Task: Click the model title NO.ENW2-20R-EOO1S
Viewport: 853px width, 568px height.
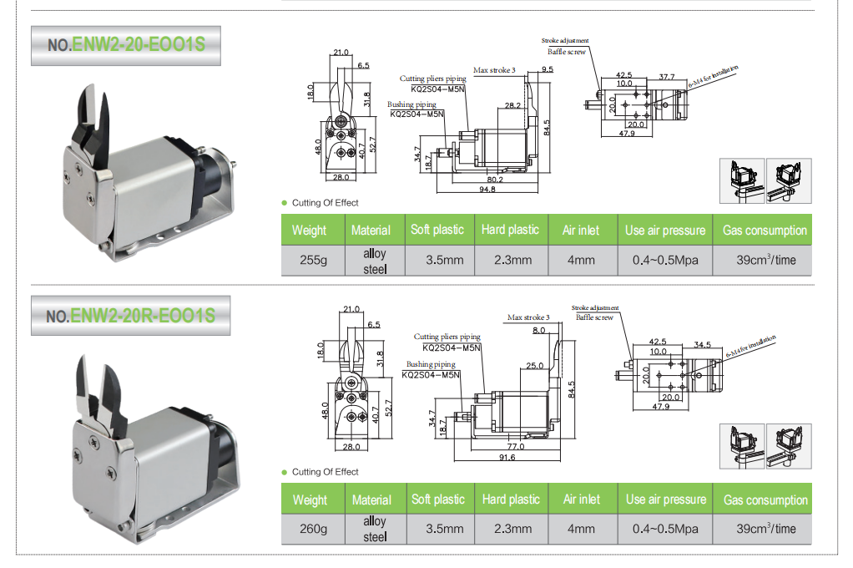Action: [x=130, y=316]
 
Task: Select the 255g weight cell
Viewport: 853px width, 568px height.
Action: [x=313, y=260]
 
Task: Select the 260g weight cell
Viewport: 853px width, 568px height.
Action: [x=313, y=529]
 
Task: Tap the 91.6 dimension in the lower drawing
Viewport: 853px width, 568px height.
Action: [x=507, y=458]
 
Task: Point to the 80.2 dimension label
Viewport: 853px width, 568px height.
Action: [x=496, y=178]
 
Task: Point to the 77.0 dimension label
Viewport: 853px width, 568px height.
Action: [x=515, y=447]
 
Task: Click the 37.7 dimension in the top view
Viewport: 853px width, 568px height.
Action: [x=666, y=77]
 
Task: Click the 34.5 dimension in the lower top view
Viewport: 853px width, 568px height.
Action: [x=702, y=344]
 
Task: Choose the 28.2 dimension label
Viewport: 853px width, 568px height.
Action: [x=512, y=105]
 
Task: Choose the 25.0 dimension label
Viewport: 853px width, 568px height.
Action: [x=534, y=366]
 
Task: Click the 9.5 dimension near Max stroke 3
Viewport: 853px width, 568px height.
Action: [x=547, y=70]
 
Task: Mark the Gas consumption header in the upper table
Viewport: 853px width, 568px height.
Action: [x=765, y=231]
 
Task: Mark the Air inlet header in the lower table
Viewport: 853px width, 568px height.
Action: [x=581, y=500]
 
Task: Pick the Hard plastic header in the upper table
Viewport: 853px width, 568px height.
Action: [x=510, y=230]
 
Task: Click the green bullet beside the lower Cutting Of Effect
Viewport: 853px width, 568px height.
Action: [x=284, y=472]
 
